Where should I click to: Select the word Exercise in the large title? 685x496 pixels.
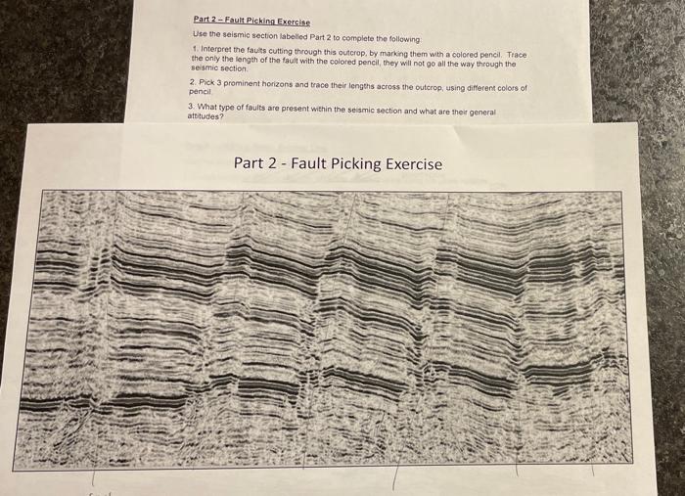coord(417,163)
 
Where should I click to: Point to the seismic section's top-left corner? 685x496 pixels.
coord(43,192)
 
